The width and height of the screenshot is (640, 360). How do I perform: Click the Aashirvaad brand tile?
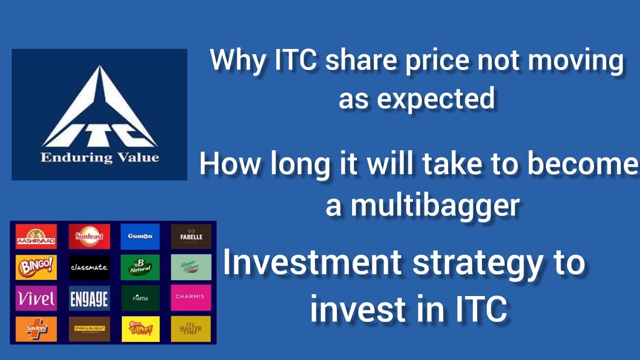tap(36, 236)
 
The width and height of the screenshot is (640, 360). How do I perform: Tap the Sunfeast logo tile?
tap(89, 236)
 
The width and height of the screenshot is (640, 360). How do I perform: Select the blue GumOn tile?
tap(140, 236)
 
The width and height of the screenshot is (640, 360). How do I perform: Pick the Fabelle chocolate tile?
tap(191, 236)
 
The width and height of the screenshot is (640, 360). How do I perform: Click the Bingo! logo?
tap(36, 267)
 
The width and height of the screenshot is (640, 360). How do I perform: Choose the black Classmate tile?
tap(89, 267)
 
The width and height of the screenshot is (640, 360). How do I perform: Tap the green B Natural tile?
tap(140, 267)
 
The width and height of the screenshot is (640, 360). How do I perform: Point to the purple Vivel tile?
tap(36, 298)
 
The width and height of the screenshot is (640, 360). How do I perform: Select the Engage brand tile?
tap(89, 298)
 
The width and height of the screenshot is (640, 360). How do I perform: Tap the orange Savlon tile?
tap(36, 328)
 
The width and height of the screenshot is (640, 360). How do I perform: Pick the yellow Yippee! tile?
tap(140, 328)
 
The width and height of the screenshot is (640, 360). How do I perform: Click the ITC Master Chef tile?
tap(191, 328)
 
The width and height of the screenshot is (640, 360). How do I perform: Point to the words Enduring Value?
tap(99, 158)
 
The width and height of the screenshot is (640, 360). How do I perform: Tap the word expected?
tap(435, 98)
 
